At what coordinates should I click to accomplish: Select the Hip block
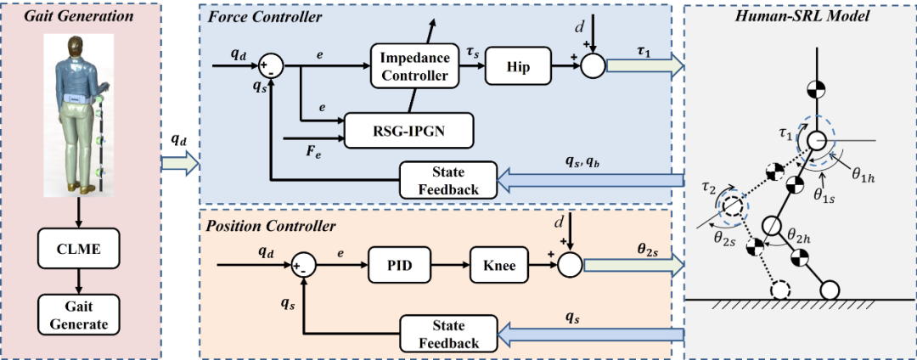pos(516,65)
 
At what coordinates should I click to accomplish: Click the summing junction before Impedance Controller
pos(271,65)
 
